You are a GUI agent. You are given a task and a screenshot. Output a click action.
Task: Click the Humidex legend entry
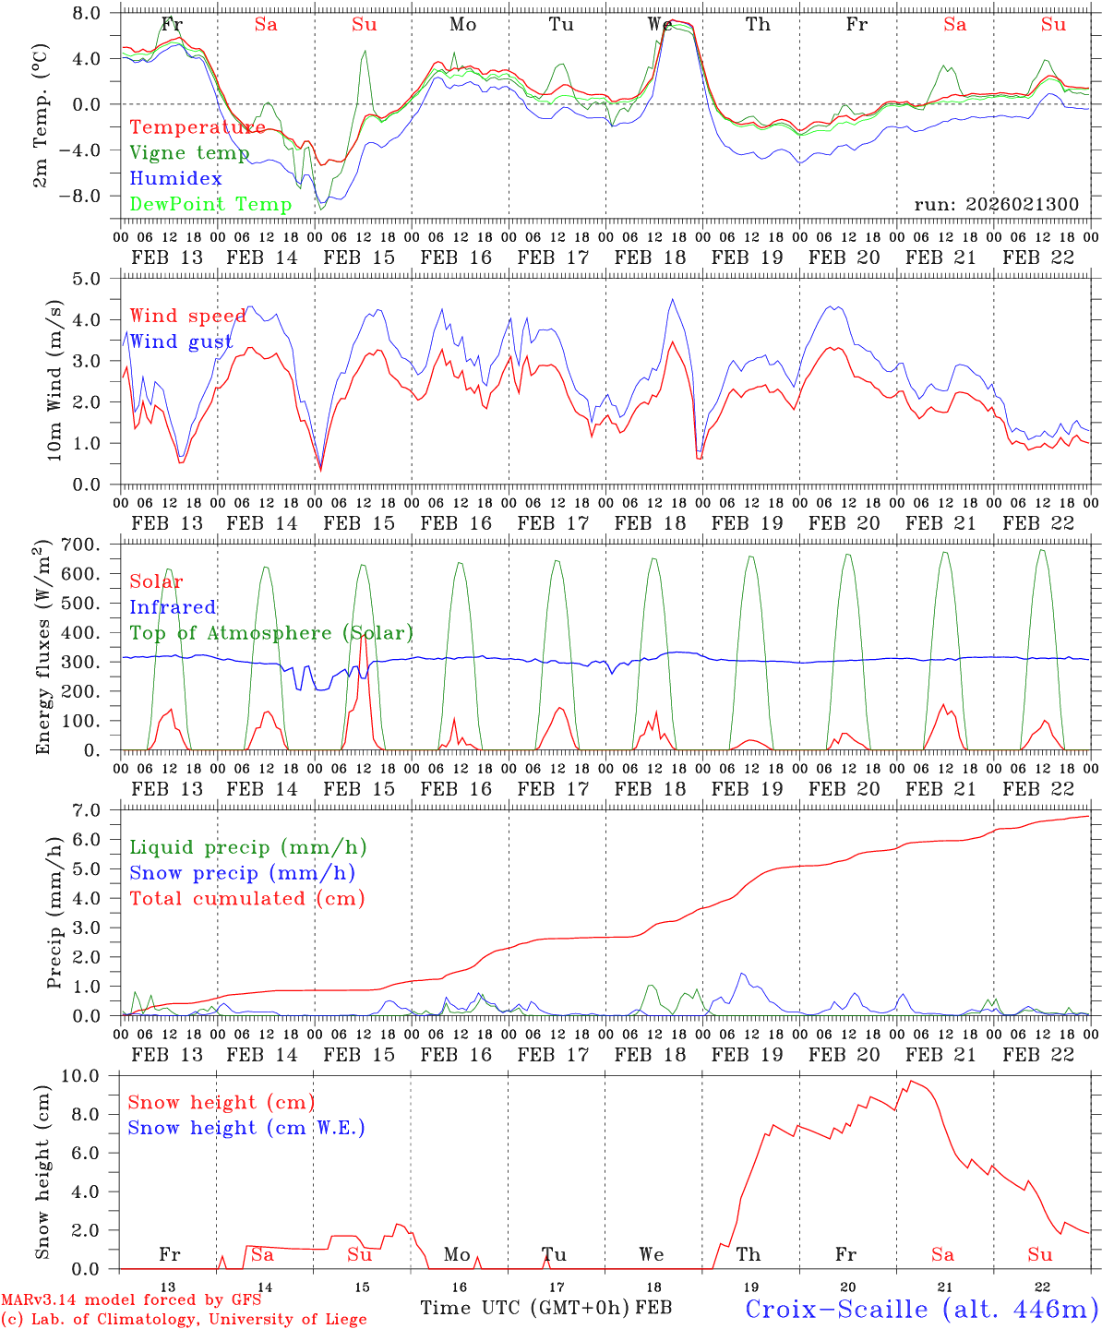175,179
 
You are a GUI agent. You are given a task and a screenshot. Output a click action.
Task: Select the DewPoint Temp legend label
210,205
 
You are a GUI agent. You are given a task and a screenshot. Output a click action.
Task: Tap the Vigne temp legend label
189,153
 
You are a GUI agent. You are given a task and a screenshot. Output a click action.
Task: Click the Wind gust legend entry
181,342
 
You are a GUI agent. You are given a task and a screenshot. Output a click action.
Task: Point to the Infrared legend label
173,607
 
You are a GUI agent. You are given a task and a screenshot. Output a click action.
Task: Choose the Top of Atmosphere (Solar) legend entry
270,633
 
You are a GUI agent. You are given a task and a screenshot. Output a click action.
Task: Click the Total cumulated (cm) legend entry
246,899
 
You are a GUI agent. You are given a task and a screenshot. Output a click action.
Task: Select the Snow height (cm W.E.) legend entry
246,1128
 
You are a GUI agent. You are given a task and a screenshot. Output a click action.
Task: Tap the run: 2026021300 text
996,205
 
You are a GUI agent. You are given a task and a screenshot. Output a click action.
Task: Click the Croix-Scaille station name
921,1310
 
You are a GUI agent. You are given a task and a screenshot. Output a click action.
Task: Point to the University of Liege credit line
184,1320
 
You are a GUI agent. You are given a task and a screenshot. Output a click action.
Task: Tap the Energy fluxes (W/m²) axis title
42,648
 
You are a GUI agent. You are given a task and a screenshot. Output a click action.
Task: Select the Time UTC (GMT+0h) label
525,1308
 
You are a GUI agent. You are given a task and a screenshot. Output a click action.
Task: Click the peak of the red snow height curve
911,1081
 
